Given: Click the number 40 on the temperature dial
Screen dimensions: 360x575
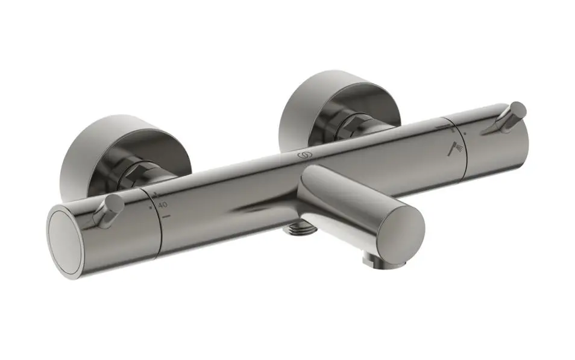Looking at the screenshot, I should point(163,205).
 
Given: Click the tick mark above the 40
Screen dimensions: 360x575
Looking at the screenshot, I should point(156,195).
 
